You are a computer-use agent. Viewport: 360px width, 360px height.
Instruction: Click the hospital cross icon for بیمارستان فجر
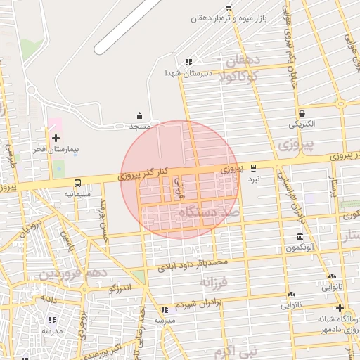(x=56, y=138)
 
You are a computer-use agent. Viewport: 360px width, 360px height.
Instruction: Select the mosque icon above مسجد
(x=139, y=115)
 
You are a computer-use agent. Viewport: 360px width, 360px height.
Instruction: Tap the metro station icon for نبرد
(x=254, y=167)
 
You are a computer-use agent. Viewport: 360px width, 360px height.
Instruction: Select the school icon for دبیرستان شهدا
(x=188, y=61)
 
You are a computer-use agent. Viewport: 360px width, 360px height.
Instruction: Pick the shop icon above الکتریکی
(x=302, y=112)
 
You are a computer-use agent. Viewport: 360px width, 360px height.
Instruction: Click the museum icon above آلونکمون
(x=300, y=236)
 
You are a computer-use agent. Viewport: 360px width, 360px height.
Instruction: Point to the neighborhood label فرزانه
(x=214, y=282)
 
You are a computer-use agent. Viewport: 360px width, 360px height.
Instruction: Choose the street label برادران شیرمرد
(x=198, y=304)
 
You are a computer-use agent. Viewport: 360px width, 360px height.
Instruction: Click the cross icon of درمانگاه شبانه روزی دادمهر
(x=340, y=309)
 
